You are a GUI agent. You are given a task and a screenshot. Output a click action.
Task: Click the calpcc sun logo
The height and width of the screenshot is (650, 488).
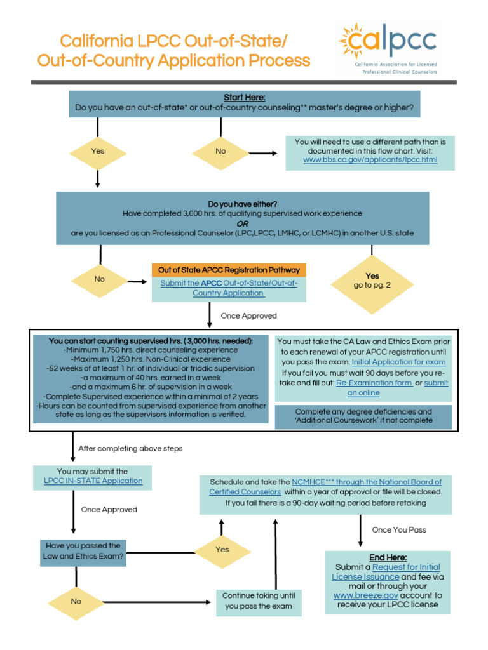(352, 41)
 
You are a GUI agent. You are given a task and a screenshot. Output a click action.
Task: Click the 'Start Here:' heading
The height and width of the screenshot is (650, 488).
(244, 97)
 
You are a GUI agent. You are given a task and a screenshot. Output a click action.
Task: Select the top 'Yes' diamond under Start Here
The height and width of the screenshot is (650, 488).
(98, 151)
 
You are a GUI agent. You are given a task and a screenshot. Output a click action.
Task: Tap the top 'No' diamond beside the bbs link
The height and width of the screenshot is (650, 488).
(220, 151)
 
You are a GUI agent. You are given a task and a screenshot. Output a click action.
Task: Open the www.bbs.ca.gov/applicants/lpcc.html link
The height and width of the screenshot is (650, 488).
(370, 161)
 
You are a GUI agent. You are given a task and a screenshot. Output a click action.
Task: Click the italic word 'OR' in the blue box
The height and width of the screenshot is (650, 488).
(243, 223)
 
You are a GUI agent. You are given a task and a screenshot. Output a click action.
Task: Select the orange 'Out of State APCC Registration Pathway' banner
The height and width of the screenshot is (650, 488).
(228, 270)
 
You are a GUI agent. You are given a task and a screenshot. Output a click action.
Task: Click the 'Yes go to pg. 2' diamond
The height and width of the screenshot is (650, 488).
(372, 281)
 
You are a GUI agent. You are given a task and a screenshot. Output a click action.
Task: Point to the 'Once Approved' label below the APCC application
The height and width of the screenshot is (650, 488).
(248, 315)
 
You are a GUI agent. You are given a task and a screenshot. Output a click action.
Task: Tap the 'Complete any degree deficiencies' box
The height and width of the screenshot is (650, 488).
(363, 416)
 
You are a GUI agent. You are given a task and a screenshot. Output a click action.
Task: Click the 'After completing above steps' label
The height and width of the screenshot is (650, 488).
(130, 448)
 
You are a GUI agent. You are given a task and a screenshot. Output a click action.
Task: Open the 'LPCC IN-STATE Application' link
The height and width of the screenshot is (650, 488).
(93, 481)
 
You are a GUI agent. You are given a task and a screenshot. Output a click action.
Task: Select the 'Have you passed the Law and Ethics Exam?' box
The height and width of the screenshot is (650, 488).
(83, 551)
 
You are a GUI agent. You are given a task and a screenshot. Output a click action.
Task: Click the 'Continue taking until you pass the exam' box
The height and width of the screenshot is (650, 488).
(259, 600)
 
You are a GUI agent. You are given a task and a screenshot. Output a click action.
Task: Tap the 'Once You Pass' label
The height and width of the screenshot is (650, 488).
(399, 529)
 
